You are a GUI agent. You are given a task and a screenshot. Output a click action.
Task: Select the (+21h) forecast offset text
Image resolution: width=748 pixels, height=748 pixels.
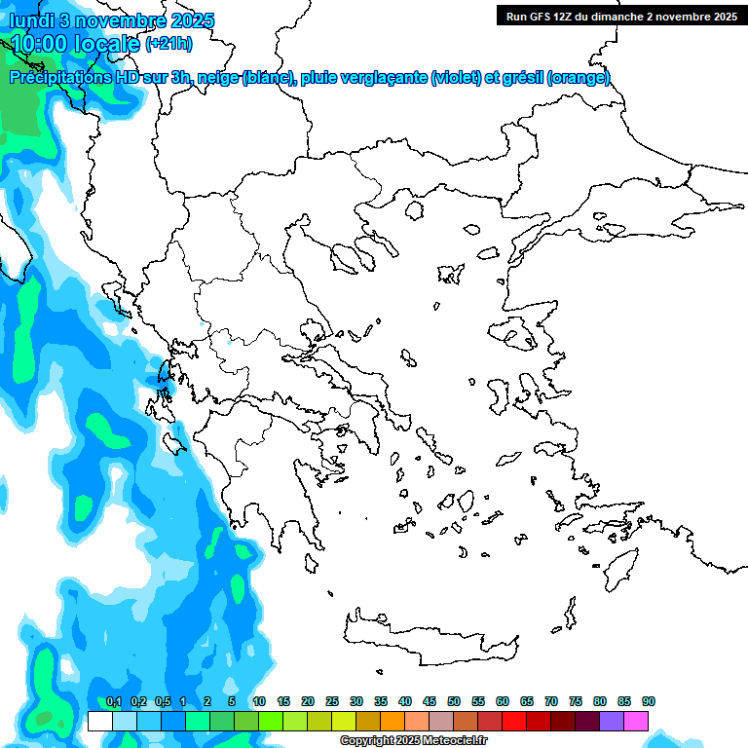(168, 44)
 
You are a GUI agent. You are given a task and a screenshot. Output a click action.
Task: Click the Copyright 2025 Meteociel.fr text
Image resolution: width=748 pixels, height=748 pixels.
(414, 741)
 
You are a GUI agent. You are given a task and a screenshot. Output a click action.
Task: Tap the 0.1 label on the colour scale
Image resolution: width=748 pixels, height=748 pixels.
(113, 702)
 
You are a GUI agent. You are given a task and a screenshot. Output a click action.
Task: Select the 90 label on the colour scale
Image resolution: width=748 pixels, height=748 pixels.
(649, 702)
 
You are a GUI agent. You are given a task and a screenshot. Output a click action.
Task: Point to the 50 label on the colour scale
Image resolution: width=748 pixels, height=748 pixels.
(454, 702)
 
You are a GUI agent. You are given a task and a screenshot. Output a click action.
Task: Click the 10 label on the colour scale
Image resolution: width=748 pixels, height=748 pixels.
(259, 702)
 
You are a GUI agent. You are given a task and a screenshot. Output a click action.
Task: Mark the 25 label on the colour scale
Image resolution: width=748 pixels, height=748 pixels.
(332, 702)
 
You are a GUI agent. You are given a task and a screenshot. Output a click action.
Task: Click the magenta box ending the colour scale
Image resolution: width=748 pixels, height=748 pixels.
(636, 721)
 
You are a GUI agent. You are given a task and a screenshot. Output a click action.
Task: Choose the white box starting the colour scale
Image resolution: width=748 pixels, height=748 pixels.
(99, 721)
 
